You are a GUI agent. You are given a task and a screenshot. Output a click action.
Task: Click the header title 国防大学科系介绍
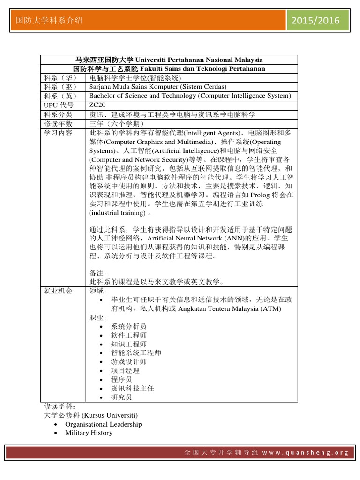[x=49, y=20]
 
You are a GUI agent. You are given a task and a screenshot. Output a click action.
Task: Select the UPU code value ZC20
[x=97, y=105]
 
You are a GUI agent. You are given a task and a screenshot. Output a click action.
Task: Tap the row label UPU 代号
[x=59, y=105]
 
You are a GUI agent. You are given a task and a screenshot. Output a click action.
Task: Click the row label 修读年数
[x=58, y=124]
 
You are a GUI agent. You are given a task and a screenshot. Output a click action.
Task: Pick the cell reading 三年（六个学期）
[x=117, y=124]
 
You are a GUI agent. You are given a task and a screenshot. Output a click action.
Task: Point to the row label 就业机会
[x=58, y=291]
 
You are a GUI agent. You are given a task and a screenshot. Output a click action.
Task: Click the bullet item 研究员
[x=121, y=397]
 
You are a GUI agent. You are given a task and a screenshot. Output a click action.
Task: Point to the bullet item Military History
[x=89, y=433]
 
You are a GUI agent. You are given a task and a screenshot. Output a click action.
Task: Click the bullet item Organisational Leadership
[x=103, y=424]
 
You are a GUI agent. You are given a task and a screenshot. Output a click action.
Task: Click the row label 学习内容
[x=58, y=133]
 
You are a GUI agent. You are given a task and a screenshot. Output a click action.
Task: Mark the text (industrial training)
[x=117, y=213]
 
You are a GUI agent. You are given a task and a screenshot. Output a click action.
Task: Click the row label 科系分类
[x=58, y=114]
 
